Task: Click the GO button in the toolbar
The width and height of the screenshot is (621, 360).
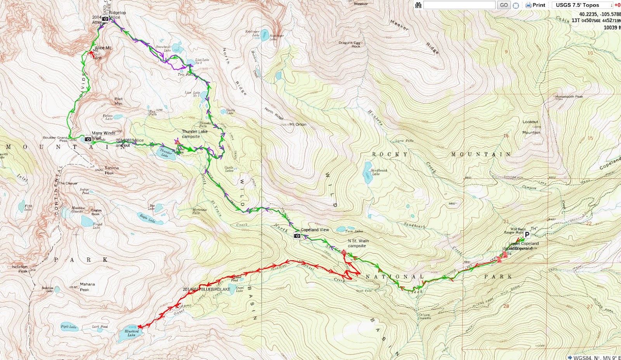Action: click(504, 5)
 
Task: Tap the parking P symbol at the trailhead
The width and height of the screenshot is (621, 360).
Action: click(527, 235)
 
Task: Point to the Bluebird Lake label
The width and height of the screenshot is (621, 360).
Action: click(132, 333)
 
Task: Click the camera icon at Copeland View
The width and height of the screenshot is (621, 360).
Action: click(297, 236)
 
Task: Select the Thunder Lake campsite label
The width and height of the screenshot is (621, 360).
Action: click(194, 134)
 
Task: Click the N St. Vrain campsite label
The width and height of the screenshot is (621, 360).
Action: click(358, 243)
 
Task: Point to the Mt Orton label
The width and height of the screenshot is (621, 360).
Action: click(298, 125)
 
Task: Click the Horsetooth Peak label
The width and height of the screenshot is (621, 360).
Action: click(569, 97)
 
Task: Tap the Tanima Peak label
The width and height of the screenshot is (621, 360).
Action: click(111, 170)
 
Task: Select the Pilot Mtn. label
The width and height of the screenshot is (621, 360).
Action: click(118, 101)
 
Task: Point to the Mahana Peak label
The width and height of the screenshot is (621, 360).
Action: click(87, 287)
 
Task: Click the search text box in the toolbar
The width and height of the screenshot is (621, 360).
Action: click(459, 5)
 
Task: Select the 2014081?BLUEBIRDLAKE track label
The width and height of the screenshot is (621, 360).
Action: click(206, 289)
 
